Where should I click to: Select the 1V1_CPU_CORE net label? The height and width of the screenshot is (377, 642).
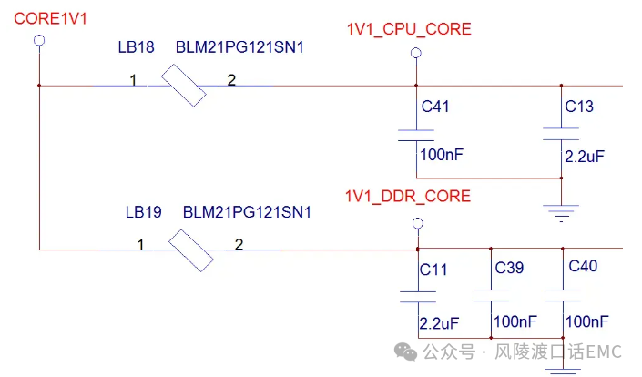point(409,29)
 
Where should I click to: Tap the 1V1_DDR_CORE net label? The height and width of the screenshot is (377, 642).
point(408,196)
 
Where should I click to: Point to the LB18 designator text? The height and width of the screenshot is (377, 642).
point(136,47)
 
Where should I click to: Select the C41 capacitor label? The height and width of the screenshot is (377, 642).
point(435,107)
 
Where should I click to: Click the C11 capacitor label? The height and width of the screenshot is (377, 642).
point(433,270)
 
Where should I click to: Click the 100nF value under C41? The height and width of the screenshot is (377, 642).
point(442,156)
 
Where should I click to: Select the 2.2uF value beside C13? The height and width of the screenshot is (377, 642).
point(585,156)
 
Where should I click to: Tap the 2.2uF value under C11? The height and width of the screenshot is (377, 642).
point(438,322)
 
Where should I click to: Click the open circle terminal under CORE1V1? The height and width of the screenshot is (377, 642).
point(38,40)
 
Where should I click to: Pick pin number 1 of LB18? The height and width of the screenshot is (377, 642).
point(133,81)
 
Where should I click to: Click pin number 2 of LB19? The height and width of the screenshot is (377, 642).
point(239,245)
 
